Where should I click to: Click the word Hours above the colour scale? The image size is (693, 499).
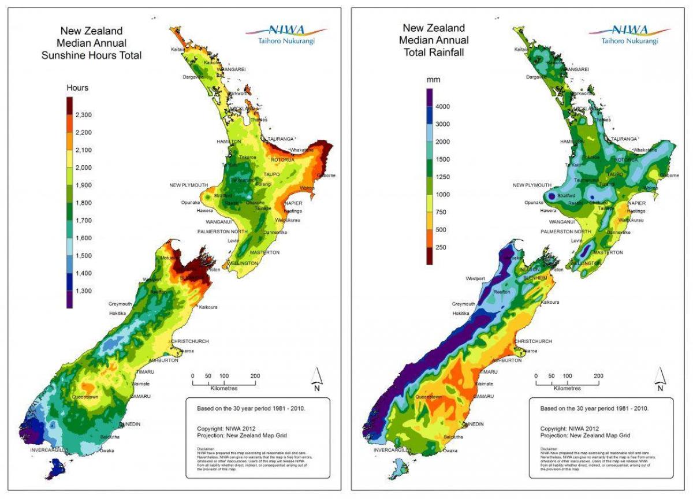click(x=77, y=88)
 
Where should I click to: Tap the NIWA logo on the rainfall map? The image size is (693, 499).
click(x=629, y=34)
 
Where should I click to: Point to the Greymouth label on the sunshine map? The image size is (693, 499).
click(x=120, y=304)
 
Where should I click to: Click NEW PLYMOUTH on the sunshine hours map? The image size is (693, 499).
click(x=188, y=185)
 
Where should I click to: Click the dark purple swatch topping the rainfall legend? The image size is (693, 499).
click(x=430, y=98)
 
